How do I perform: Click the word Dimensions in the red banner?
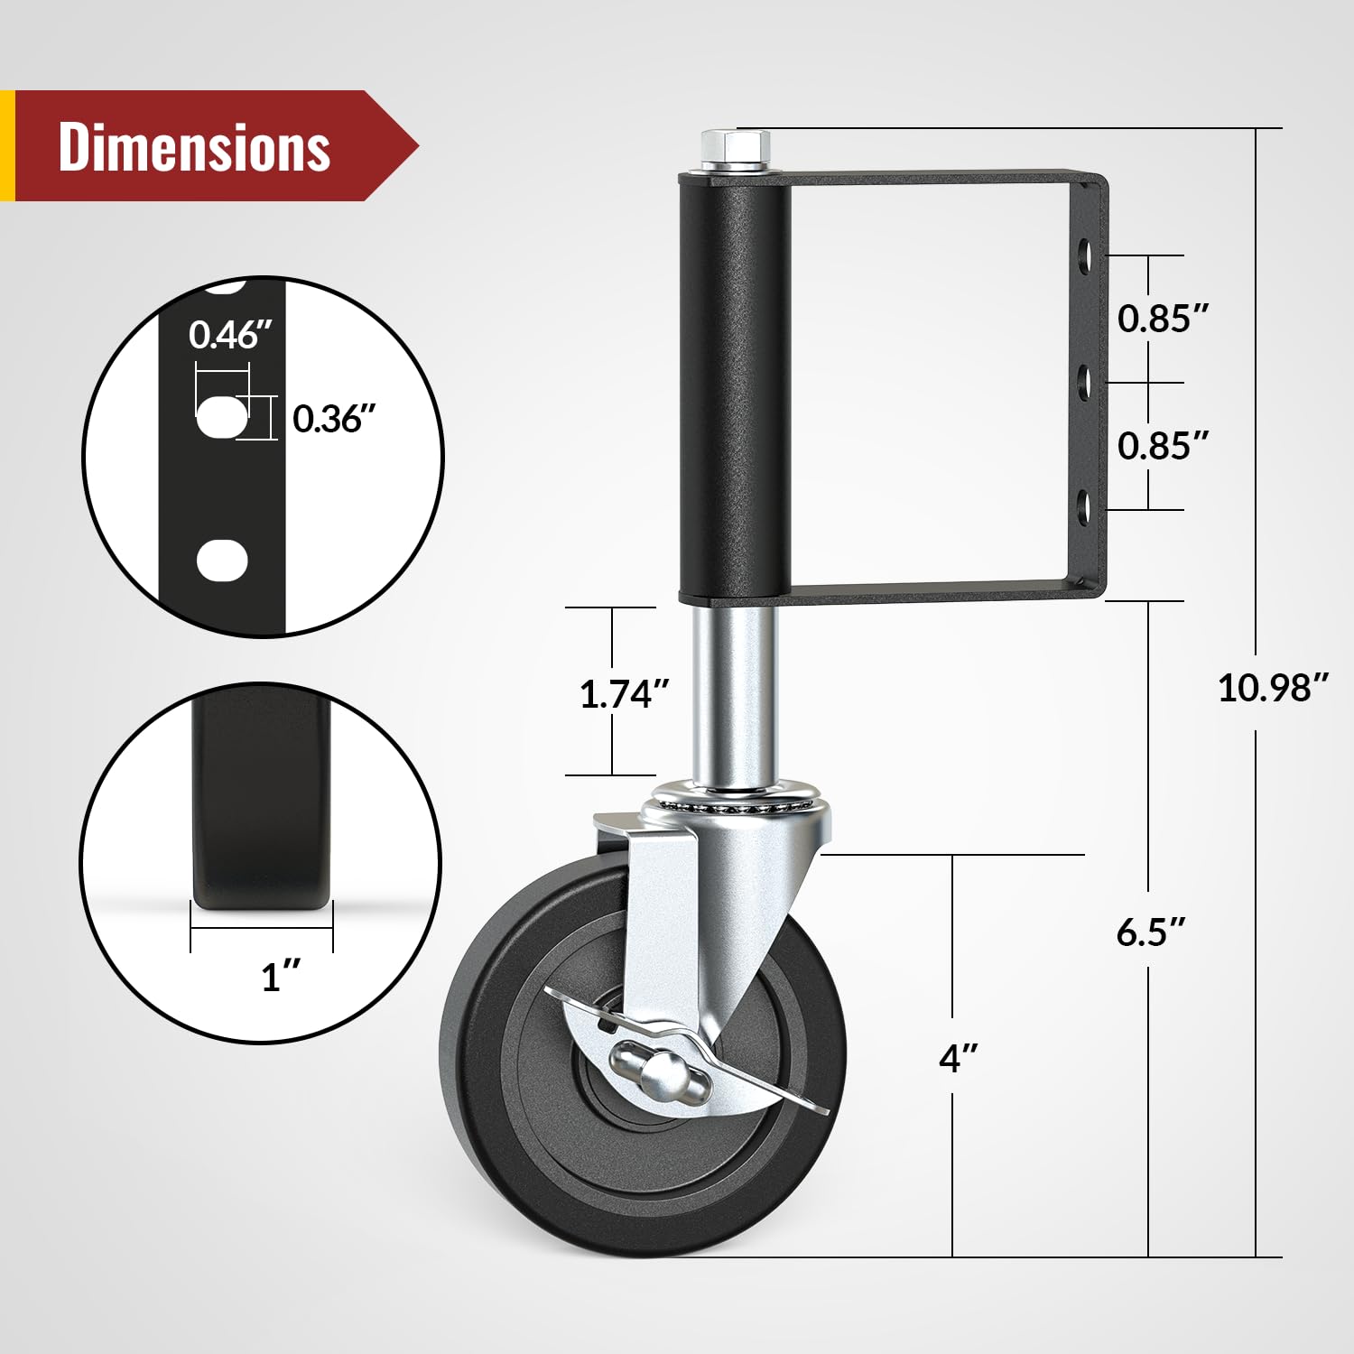(194, 146)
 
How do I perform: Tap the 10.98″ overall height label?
(1273, 688)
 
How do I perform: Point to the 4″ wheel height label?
(958, 1058)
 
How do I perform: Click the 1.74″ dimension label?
(624, 694)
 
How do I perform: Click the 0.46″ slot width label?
(229, 335)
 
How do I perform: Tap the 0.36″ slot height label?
(333, 419)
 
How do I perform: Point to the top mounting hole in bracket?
(1086, 257)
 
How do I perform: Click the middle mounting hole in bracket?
(1086, 384)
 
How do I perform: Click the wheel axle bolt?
(663, 1071)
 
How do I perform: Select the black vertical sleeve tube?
(735, 388)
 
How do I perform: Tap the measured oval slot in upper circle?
(221, 417)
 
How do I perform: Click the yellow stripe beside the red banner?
(7, 145)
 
